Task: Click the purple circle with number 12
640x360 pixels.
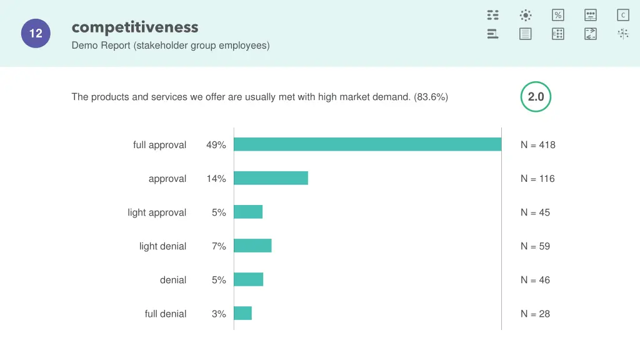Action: (x=36, y=34)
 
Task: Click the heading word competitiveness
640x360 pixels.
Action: (x=135, y=27)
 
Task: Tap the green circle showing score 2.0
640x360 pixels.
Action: (x=536, y=97)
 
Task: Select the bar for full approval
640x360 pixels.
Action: (x=367, y=144)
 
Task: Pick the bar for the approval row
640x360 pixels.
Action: (x=271, y=178)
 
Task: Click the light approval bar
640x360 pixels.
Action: (x=248, y=212)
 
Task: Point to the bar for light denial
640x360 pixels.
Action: (x=252, y=246)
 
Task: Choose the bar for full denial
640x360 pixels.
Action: (x=242, y=313)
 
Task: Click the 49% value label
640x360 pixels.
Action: (x=216, y=145)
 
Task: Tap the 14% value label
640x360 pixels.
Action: (x=216, y=179)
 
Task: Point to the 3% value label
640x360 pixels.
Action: (x=219, y=314)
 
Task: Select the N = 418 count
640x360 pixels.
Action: (x=537, y=145)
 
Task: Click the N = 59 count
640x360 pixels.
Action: (x=535, y=246)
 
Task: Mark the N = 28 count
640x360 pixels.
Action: (x=535, y=314)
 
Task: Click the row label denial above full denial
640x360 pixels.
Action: (x=173, y=280)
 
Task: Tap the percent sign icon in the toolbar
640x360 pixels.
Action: (x=558, y=15)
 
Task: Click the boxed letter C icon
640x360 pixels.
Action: (x=622, y=15)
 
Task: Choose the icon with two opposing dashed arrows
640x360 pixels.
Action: (x=591, y=34)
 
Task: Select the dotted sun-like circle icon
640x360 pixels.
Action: (x=526, y=15)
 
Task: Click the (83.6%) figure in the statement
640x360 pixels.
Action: (x=431, y=97)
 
